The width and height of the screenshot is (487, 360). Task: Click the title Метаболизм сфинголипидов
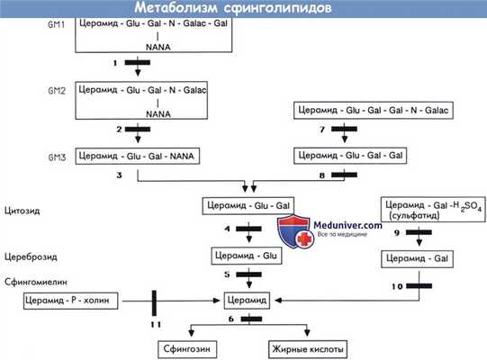click(243, 8)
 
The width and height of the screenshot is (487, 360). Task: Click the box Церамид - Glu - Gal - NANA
click(137, 157)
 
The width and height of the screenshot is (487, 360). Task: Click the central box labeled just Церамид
click(243, 299)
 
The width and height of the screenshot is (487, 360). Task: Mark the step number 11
click(157, 323)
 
